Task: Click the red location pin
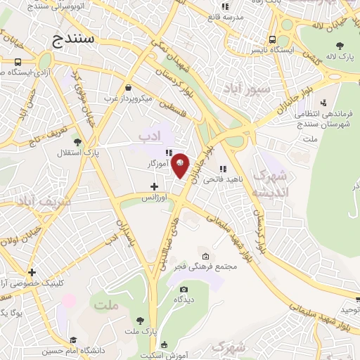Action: click(181, 165)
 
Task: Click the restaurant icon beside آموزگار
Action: click(169, 153)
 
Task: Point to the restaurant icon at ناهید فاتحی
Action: click(223, 169)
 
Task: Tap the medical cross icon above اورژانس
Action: click(154, 186)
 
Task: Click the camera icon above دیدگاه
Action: click(184, 289)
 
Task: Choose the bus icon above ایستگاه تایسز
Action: click(272, 41)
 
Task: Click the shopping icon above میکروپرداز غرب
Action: click(128, 88)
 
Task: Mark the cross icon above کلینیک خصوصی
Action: click(32, 272)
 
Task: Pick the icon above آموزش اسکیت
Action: click(164, 345)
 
